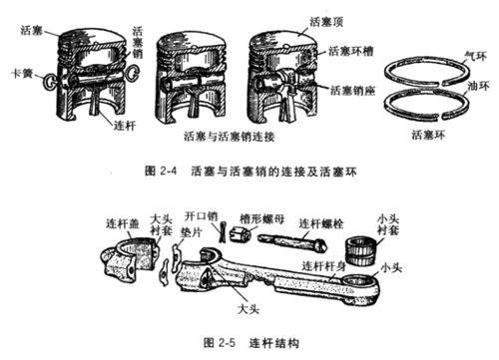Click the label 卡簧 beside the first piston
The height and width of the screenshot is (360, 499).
point(20,74)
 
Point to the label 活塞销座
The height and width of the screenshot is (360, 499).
point(350,89)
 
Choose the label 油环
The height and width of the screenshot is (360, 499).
point(462,85)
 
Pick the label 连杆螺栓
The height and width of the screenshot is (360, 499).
point(325,217)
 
